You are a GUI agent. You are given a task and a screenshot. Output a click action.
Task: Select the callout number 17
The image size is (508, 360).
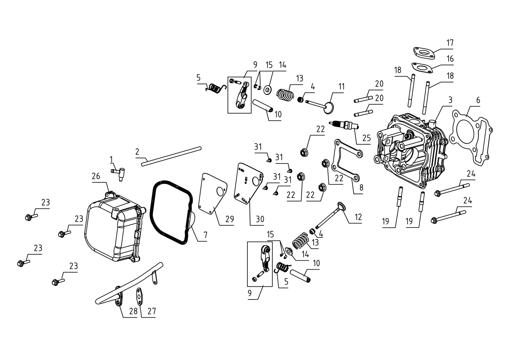[x=450, y=43]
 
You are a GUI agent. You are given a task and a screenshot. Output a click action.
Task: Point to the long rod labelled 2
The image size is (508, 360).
[x=171, y=156]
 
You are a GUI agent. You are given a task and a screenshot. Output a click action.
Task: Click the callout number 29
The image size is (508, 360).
[x=229, y=219]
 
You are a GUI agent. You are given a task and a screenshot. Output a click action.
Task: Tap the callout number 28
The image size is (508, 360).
[x=133, y=311]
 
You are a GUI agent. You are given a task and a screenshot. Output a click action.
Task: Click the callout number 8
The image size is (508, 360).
[x=361, y=187]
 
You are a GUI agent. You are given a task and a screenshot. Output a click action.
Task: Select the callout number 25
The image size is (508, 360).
[x=367, y=138]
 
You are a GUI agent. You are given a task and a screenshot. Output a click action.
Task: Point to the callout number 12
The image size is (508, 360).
[x=358, y=217]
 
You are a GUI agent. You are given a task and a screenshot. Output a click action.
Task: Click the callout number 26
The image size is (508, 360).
[x=96, y=176]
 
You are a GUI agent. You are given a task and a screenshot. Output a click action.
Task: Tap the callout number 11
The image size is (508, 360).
[x=341, y=87]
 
